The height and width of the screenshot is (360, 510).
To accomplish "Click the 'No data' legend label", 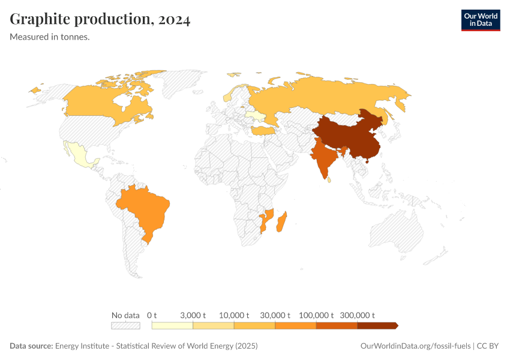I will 125,315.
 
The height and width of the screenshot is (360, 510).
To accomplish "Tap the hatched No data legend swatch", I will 125,326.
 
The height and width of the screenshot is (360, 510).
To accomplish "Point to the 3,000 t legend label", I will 193,315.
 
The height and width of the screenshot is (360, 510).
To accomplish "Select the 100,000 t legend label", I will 316,315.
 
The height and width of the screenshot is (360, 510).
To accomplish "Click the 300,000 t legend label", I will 358,315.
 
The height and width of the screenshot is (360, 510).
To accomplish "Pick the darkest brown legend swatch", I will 377,326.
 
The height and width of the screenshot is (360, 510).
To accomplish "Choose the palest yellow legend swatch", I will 172,326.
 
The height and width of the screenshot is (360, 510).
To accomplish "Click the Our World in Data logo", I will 480,20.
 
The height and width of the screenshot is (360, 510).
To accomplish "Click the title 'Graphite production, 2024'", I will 100,20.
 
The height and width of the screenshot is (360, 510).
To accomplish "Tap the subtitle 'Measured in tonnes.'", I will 50,37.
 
